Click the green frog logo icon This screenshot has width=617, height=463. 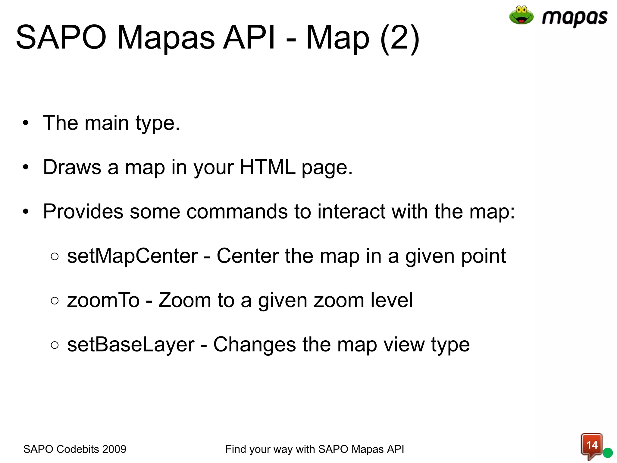tap(521, 15)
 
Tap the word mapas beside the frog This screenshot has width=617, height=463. tap(575, 18)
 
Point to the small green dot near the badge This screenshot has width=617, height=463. tap(608, 453)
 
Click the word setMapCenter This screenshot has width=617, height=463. tap(133, 256)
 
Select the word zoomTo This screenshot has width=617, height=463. tap(103, 300)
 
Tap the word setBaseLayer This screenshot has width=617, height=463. tap(131, 345)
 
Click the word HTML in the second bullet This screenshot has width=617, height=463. tap(268, 167)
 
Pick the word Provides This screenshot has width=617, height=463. tap(83, 211)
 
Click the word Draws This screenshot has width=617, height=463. tap(72, 167)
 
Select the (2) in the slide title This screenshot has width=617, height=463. tap(400, 38)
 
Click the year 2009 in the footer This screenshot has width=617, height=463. tap(114, 449)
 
